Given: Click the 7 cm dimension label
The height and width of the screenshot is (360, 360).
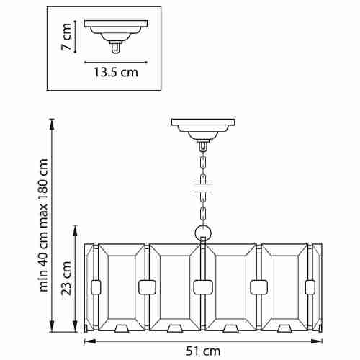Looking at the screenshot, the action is click(x=66, y=37).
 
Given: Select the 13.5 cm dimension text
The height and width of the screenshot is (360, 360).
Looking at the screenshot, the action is click(x=116, y=72).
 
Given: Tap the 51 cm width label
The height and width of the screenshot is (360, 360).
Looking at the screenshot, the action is click(x=203, y=351).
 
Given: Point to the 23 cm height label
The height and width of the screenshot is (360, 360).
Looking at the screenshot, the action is click(x=66, y=278).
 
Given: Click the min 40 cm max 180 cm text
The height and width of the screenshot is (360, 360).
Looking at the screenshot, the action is click(x=44, y=225).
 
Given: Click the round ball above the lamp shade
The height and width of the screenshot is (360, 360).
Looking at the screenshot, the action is click(x=203, y=233).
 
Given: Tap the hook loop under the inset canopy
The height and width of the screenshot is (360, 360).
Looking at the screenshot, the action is click(x=116, y=48).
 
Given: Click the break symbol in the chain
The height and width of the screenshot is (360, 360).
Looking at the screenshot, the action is click(x=203, y=188).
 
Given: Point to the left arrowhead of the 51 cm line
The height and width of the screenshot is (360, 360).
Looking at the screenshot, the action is click(x=90, y=341).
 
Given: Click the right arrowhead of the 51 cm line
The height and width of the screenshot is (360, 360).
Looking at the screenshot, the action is click(x=317, y=341).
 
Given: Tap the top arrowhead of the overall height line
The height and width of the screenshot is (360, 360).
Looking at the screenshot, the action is click(x=52, y=125).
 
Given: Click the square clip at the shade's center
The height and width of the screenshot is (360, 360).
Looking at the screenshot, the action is click(x=203, y=287).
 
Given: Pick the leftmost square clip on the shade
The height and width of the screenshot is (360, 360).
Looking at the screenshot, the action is click(x=96, y=287).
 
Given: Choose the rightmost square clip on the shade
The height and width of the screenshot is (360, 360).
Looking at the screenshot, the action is click(x=310, y=287).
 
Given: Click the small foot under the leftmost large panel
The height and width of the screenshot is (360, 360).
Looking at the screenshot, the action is click(x=122, y=328).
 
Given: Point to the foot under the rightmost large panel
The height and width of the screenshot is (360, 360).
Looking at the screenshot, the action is click(x=284, y=328).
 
